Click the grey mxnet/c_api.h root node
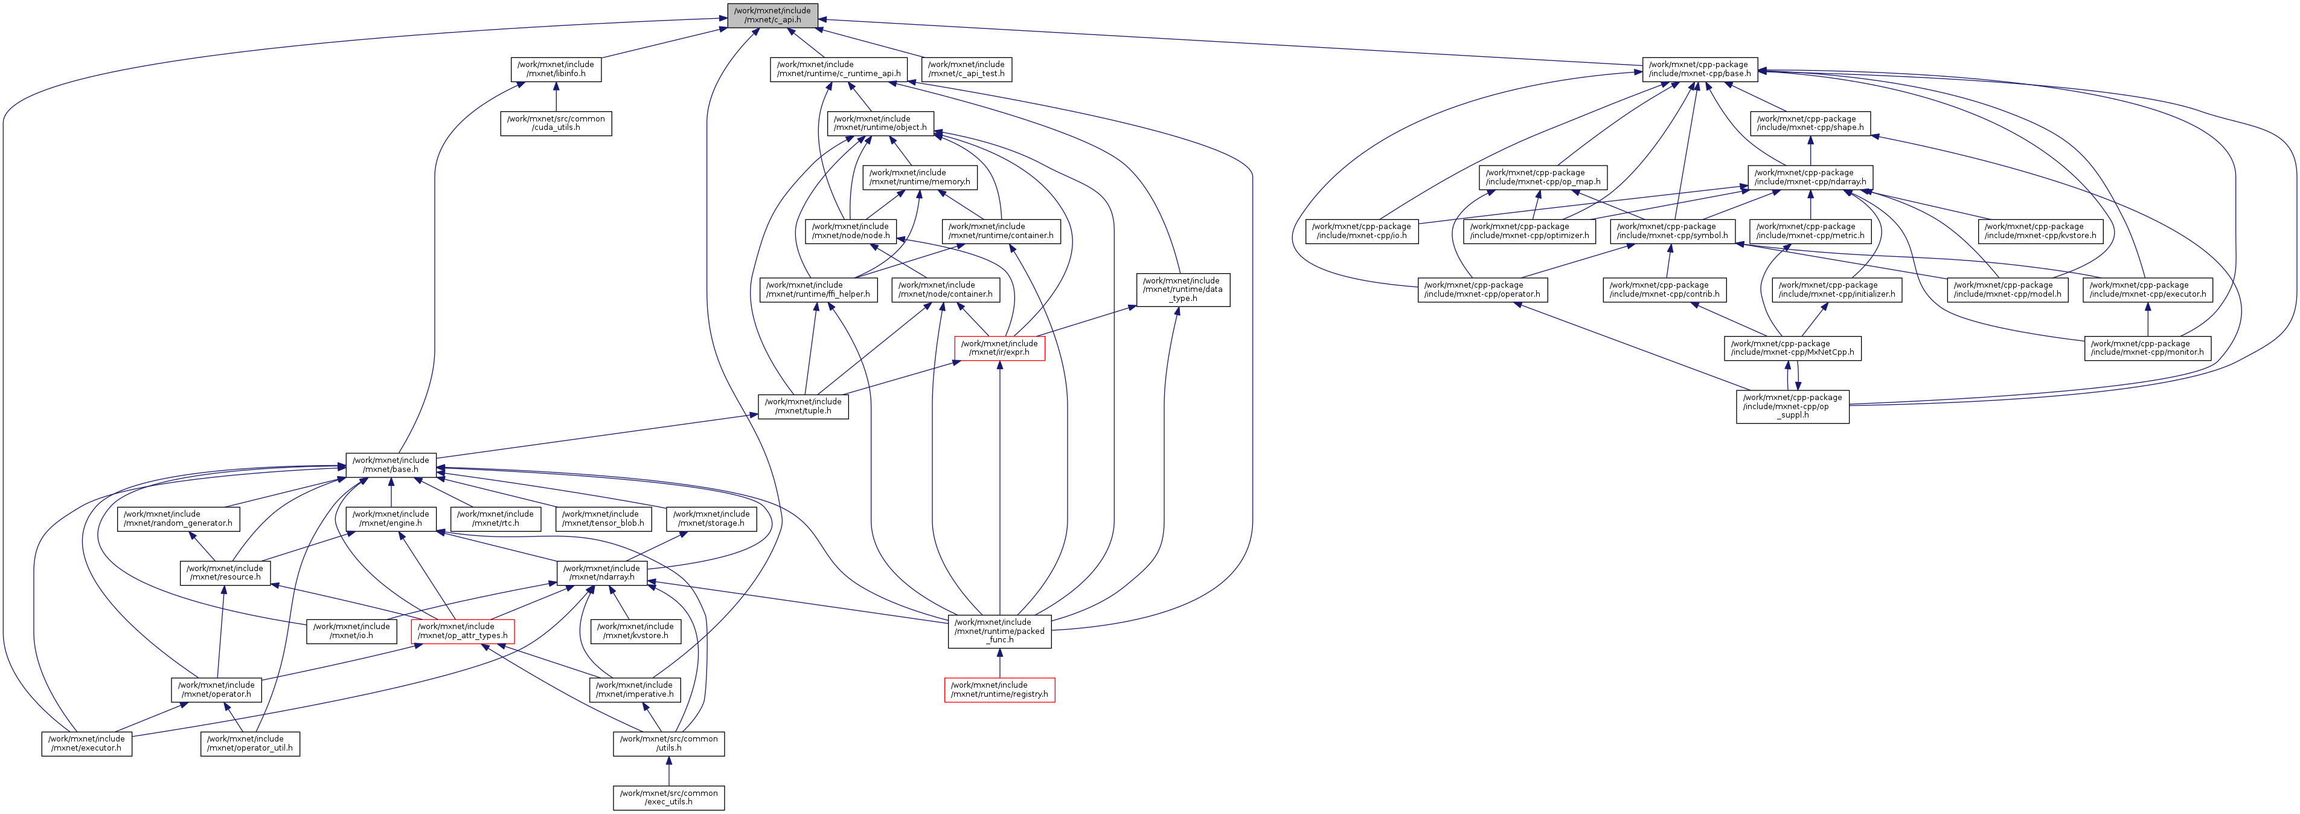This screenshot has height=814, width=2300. (x=772, y=15)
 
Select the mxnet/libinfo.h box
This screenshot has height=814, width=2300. (x=556, y=69)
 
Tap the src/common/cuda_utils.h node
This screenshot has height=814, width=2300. (x=556, y=123)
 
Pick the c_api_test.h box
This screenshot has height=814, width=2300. (x=966, y=69)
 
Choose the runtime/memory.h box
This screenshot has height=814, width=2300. (x=919, y=177)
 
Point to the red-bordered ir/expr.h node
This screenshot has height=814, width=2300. (x=999, y=347)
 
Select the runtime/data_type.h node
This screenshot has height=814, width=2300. (x=1182, y=289)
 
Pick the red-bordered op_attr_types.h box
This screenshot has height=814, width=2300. (x=463, y=631)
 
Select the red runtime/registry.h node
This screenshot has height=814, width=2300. (x=999, y=690)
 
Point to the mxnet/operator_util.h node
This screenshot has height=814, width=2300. (x=250, y=743)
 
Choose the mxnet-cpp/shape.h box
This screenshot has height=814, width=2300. (x=1810, y=123)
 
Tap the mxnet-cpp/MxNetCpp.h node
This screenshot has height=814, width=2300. (x=1792, y=347)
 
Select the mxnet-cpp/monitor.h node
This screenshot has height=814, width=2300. (x=2147, y=347)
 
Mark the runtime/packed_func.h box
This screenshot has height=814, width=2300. (x=999, y=631)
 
